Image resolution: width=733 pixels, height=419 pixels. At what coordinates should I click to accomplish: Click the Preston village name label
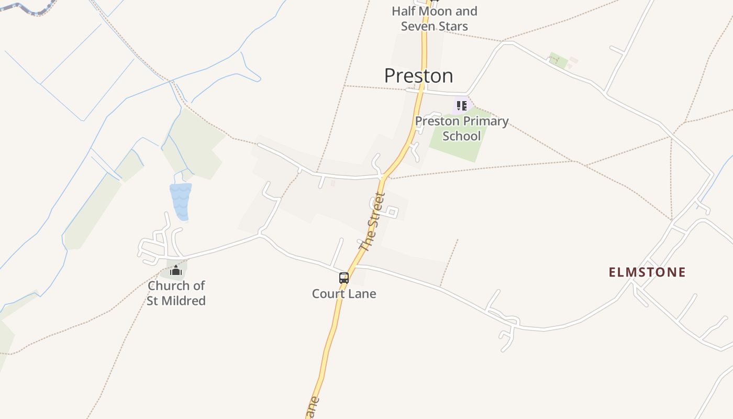pyautogui.click(x=418, y=76)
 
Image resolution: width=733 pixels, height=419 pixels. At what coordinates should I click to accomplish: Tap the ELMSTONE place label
pyautogui.click(x=647, y=272)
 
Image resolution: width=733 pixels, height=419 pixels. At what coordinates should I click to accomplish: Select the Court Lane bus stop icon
pyautogui.click(x=344, y=278)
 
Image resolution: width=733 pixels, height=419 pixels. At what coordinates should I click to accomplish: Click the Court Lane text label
pyautogui.click(x=344, y=294)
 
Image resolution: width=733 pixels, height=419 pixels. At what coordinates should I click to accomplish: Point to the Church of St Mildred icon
pyautogui.click(x=176, y=271)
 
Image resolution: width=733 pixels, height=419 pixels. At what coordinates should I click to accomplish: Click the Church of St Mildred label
pyautogui.click(x=176, y=293)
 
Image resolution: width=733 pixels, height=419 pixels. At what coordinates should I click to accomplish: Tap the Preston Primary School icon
pyautogui.click(x=461, y=106)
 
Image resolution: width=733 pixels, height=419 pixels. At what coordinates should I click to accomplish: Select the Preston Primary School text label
pyautogui.click(x=461, y=128)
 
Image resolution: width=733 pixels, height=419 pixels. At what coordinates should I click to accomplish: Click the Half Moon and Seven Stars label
pyautogui.click(x=434, y=18)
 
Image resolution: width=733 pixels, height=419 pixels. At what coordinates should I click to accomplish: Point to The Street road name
pyautogui.click(x=373, y=222)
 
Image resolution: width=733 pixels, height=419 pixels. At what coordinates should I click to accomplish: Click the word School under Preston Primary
pyautogui.click(x=461, y=136)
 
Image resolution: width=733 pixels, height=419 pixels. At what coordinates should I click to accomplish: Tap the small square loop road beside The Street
pyautogui.click(x=392, y=212)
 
